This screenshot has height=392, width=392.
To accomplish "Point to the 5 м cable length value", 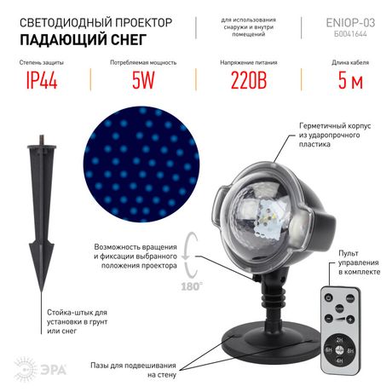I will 348,81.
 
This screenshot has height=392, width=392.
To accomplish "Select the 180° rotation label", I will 193,287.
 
